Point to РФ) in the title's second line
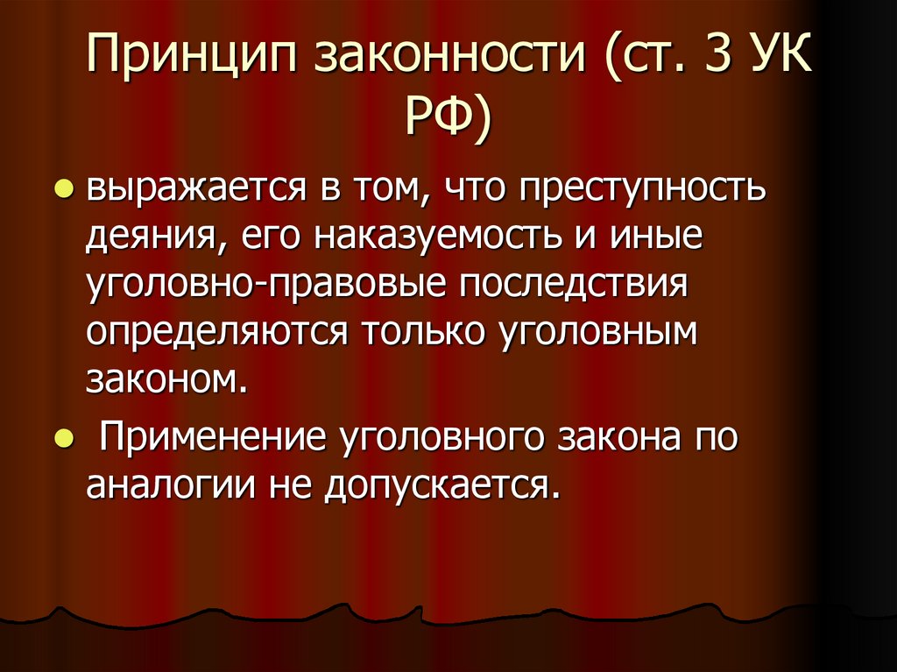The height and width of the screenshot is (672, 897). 448,120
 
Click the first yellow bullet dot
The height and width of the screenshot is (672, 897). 63,189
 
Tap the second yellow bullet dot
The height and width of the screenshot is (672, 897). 63,439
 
